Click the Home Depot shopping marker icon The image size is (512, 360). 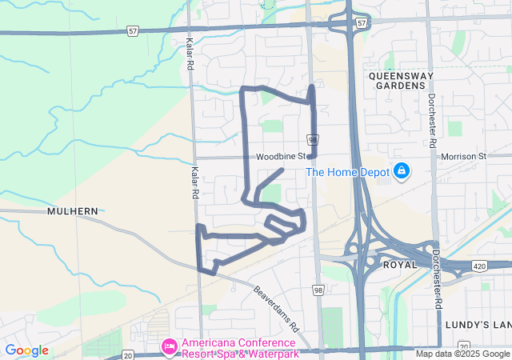[x=402, y=171]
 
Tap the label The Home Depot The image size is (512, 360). [x=347, y=172]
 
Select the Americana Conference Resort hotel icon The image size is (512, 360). [x=169, y=346]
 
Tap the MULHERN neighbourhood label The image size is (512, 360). [x=73, y=211]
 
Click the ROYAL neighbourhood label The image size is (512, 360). [x=400, y=264]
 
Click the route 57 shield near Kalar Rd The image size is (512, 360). [x=132, y=30]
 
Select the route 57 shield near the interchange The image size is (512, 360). [x=362, y=23]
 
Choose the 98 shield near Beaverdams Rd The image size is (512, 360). [x=318, y=290]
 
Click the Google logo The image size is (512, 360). [x=26, y=350]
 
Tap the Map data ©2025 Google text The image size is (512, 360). [x=461, y=354]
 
